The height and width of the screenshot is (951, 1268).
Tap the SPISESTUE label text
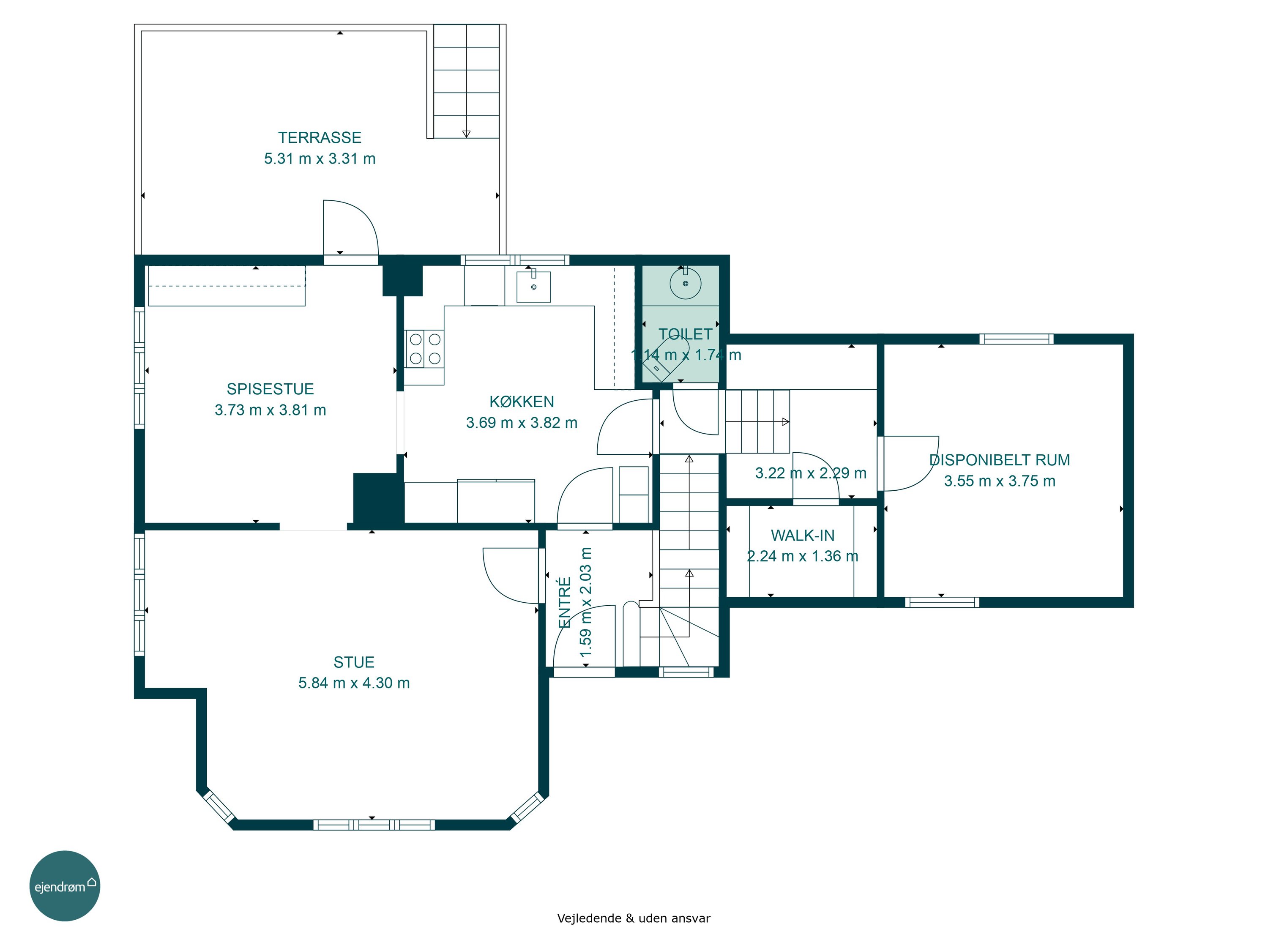coord(270,389)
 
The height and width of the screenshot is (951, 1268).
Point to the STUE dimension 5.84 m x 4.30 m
coord(354,683)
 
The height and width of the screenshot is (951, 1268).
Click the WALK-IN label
coord(803,536)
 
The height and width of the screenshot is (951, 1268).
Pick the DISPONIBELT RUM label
coord(999,460)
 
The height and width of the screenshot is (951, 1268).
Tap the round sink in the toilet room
coord(685,283)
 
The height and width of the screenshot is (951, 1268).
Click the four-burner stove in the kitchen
coord(425,349)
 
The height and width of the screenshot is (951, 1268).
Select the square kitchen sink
coord(534,287)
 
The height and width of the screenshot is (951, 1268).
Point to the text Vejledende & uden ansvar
coord(634,918)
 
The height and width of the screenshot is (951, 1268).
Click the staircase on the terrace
coord(466,82)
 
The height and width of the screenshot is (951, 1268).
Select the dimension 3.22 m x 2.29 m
coord(811,473)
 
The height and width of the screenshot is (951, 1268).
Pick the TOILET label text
coord(685,334)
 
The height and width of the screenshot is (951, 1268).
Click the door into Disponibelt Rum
coord(909,464)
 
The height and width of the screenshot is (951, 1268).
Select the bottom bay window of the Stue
coord(374,825)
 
